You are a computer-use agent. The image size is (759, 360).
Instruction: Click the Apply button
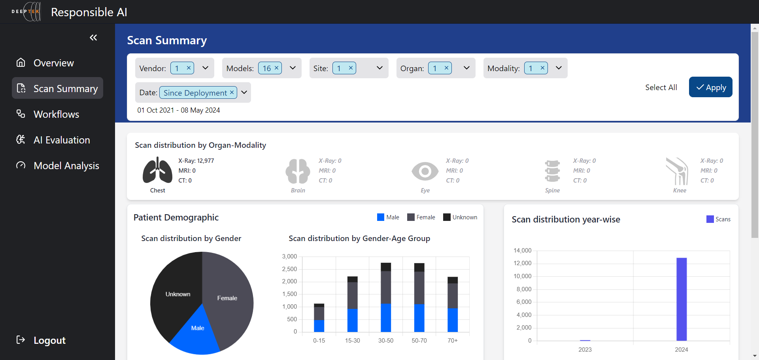pyautogui.click(x=710, y=87)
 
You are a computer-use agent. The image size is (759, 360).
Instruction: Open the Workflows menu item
pyautogui.click(x=56, y=114)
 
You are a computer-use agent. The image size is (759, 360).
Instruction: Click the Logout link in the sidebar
pyautogui.click(x=49, y=340)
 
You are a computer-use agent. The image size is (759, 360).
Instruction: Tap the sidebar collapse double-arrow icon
pyautogui.click(x=93, y=38)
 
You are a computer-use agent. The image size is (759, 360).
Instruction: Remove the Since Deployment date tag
pyautogui.click(x=232, y=92)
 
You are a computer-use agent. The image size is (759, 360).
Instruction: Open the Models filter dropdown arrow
pyautogui.click(x=293, y=68)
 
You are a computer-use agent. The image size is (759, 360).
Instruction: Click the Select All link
pyautogui.click(x=661, y=87)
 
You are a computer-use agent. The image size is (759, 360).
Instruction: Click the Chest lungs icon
pyautogui.click(x=157, y=170)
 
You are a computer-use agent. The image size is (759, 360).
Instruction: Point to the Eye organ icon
pyautogui.click(x=425, y=171)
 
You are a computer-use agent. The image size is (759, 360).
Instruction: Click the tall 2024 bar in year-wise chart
pyautogui.click(x=681, y=299)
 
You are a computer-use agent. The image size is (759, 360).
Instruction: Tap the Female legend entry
pyautogui.click(x=421, y=217)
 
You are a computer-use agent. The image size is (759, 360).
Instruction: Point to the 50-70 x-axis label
pyautogui.click(x=419, y=341)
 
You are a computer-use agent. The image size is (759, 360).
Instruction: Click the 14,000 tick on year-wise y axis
pyautogui.click(x=522, y=251)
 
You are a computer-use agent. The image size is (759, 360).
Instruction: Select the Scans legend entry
pyautogui.click(x=718, y=219)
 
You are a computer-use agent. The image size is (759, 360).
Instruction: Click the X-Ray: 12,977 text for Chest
pyautogui.click(x=196, y=161)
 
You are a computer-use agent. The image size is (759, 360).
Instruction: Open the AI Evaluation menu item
pyautogui.click(x=62, y=140)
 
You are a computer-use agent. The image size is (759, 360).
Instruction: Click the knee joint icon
pyautogui.click(x=678, y=171)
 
